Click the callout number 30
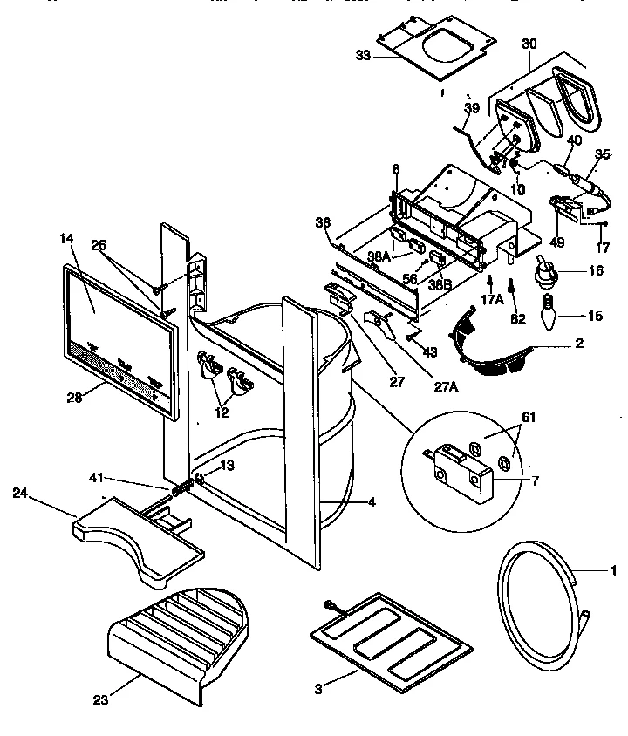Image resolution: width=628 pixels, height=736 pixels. pyautogui.click(x=529, y=43)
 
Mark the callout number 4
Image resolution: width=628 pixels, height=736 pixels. pyautogui.click(x=372, y=502)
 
